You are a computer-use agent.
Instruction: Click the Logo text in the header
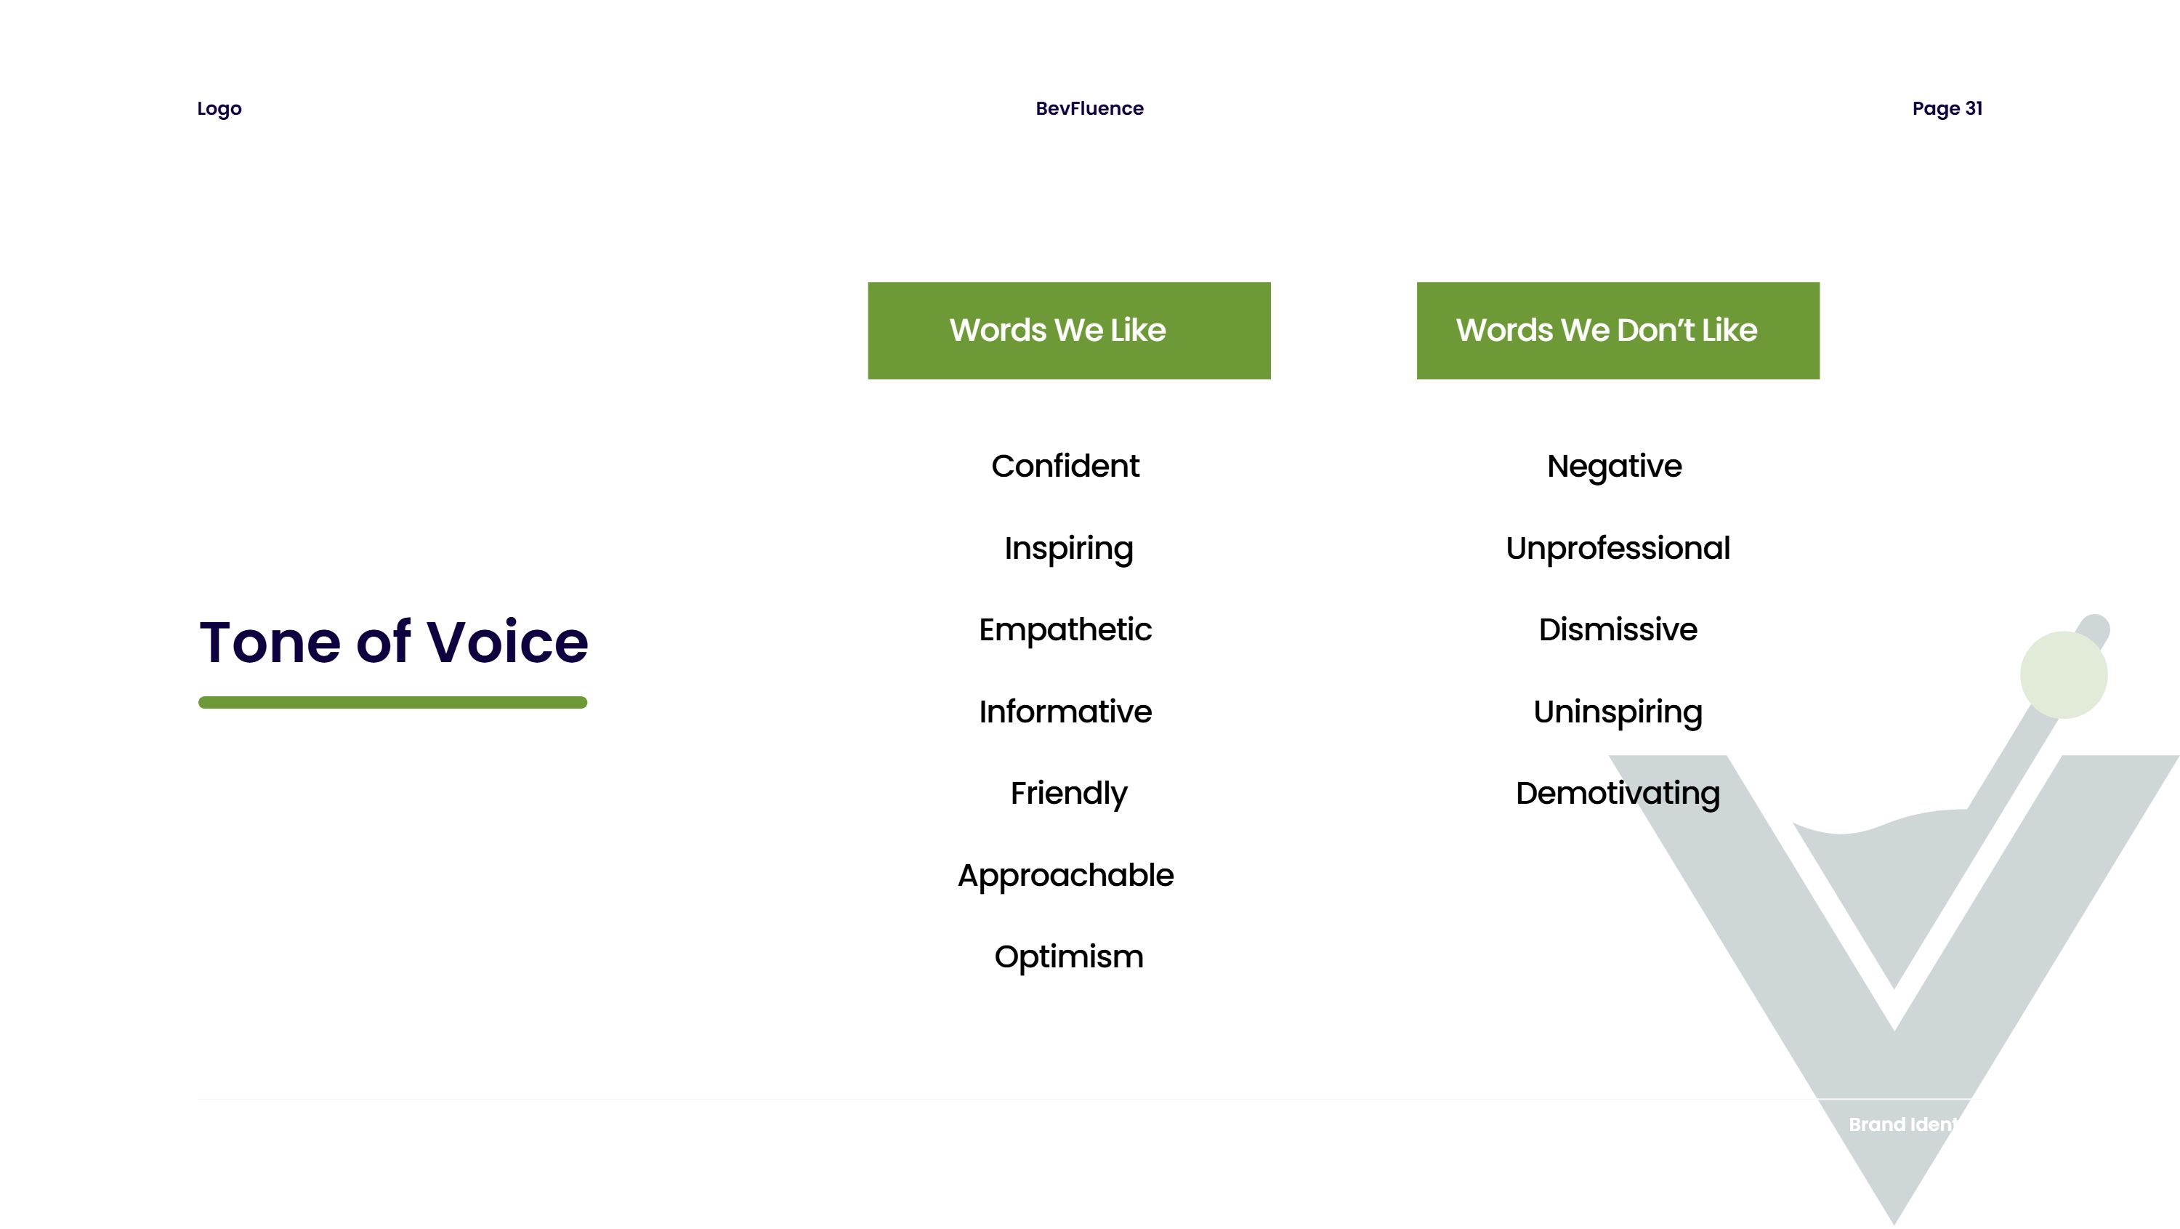pos(219,109)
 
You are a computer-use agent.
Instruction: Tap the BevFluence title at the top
pos(1089,108)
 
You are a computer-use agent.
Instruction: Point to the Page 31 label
pos(1947,108)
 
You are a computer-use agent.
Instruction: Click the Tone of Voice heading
pos(394,642)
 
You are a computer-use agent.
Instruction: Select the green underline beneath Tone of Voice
pos(392,703)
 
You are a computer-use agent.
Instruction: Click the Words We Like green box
pos(1069,331)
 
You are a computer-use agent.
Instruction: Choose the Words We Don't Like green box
pos(1618,331)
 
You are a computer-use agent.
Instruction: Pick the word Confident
pos(1065,467)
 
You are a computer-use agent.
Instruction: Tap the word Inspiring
pos(1069,549)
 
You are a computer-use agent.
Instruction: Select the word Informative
pos(1065,712)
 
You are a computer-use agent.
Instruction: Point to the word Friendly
pos(1069,794)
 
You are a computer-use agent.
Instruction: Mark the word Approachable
pos(1065,876)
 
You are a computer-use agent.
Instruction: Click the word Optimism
pos(1069,957)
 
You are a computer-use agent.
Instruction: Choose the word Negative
pos(1615,467)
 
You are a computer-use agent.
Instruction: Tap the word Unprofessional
pos(1618,549)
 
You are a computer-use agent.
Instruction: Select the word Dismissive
pos(1618,629)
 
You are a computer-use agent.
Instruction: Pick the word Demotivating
pos(1618,794)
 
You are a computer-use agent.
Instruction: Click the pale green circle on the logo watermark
pos(2063,674)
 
